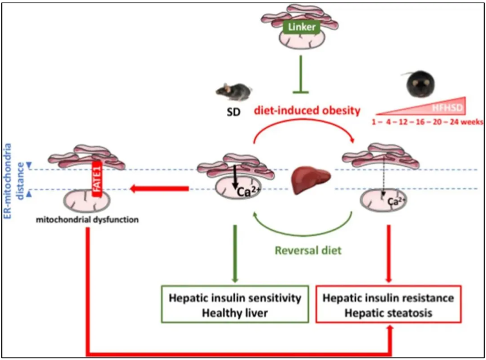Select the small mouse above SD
tap(231, 92)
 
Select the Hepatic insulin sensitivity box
tap(234, 305)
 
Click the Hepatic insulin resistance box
tap(389, 305)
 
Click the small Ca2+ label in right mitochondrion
tap(394, 202)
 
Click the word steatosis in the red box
tap(416, 311)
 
